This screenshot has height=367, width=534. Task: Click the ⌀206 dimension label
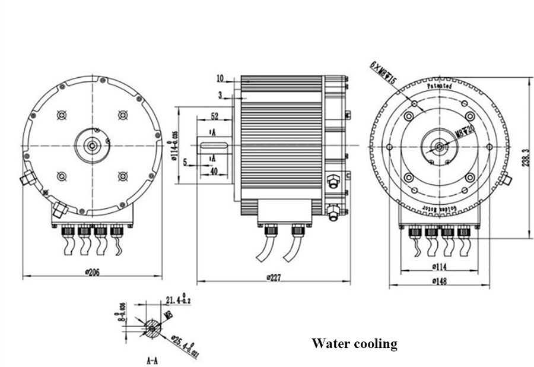pos(92,271)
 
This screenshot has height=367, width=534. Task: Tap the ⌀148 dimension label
pos(439,281)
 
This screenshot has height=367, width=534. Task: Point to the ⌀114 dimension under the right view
pos(439,265)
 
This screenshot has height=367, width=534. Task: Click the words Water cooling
pos(354,343)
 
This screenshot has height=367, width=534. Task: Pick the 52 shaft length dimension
pos(214,116)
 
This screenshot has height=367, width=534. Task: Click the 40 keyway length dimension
pos(215,171)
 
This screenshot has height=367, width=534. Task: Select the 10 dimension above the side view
pos(220,78)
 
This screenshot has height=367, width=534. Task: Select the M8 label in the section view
pos(168,315)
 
